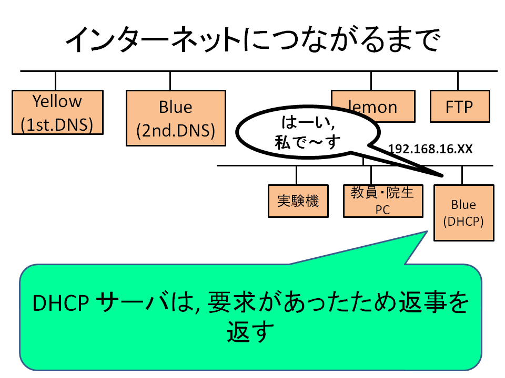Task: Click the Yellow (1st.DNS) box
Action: coord(58,112)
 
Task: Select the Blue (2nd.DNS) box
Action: coord(176,118)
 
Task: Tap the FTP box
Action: coord(460,107)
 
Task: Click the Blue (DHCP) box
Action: coord(464,213)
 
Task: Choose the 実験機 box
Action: coord(298,201)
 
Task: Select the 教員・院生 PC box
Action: coord(383,201)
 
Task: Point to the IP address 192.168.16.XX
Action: coord(430,149)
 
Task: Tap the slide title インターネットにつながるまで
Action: coord(253,39)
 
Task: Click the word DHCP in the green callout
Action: coord(60,303)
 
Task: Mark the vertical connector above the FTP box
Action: coord(458,81)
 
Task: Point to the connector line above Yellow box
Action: coord(55,81)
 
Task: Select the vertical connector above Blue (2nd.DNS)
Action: coord(170,81)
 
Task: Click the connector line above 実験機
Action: coord(296,175)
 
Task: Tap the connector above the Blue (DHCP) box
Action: coord(462,175)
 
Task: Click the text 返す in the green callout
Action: coord(250,332)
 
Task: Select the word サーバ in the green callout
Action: coord(133,302)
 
